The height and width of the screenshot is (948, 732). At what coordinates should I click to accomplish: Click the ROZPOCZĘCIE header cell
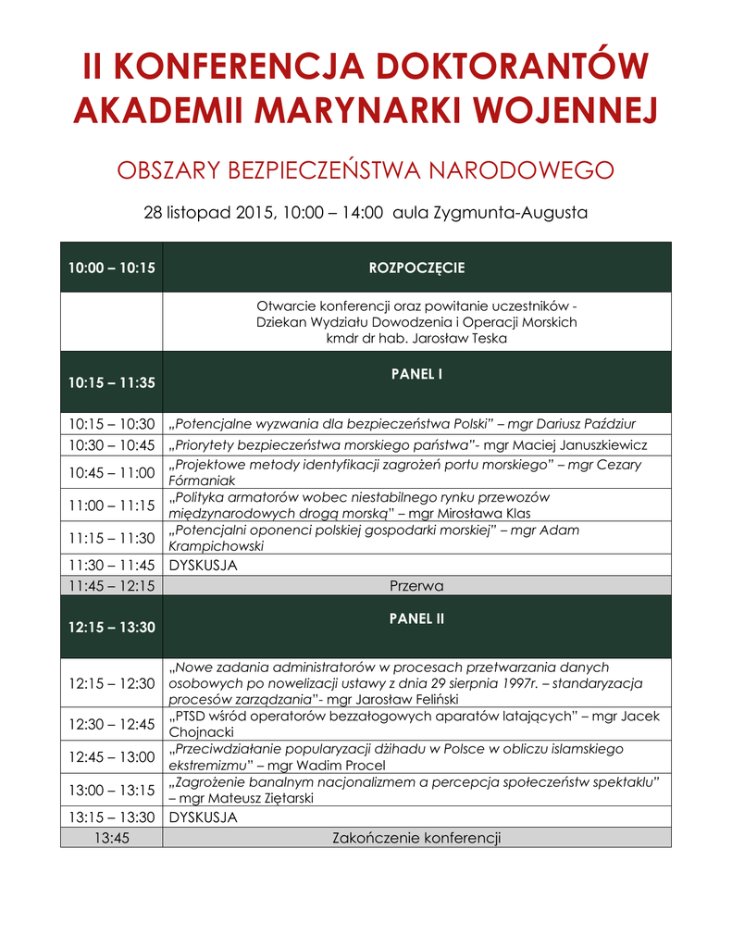tap(416, 268)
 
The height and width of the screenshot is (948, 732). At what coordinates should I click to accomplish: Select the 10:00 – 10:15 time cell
tap(111, 268)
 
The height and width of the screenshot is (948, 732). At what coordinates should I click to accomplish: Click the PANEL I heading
tap(416, 374)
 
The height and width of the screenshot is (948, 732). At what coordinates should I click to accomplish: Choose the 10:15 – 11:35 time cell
tap(111, 381)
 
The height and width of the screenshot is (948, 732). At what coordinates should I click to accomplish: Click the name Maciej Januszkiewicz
tap(577, 444)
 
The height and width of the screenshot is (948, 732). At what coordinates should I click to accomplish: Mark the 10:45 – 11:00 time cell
tap(111, 472)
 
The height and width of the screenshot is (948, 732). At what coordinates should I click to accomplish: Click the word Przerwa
tap(416, 586)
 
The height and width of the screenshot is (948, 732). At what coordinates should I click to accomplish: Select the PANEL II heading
tap(416, 618)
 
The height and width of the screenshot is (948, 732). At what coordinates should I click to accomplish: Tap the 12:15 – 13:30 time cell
tap(111, 627)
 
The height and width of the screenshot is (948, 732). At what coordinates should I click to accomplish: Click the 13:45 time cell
tap(111, 838)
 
